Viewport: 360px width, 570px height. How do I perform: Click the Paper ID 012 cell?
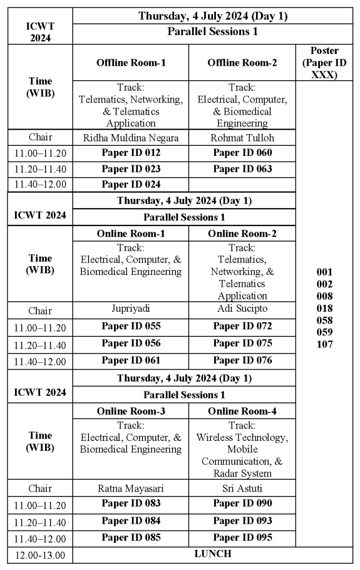click(x=131, y=153)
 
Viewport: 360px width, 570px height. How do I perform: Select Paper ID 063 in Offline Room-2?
click(x=243, y=169)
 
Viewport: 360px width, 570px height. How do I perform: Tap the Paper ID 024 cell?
click(x=131, y=185)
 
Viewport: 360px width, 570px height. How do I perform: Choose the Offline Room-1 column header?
click(x=131, y=63)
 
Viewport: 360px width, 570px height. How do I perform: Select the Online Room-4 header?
click(x=243, y=411)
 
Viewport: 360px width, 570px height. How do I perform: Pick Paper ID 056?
click(x=131, y=343)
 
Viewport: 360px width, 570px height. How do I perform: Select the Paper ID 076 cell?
click(x=243, y=360)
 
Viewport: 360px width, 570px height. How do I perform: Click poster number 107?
click(x=324, y=344)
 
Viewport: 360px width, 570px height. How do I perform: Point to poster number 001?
click(x=324, y=272)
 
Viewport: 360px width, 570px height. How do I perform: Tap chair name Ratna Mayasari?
click(x=131, y=488)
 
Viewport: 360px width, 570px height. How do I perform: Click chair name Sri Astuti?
click(x=243, y=488)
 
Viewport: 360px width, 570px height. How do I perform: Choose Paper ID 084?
click(x=131, y=521)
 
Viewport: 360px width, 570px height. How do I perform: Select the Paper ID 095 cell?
click(x=243, y=538)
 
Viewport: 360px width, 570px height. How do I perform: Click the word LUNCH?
click(x=213, y=554)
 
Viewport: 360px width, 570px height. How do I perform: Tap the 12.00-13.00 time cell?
click(x=40, y=555)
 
